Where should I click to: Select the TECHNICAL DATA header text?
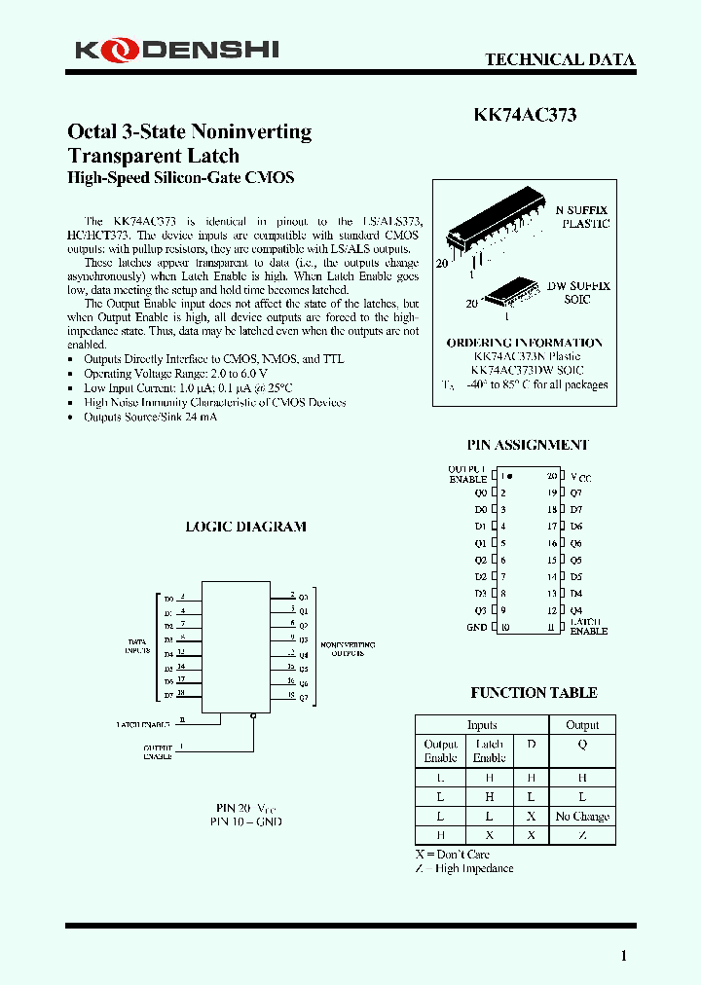560,59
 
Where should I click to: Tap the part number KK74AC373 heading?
525,115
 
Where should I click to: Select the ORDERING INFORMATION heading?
524,343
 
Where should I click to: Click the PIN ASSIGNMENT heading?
527,445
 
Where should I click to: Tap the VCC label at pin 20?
580,478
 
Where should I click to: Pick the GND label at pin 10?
476,628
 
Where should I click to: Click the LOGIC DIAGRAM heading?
245,527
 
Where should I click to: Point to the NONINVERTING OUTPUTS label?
348,649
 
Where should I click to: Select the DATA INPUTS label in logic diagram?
137,646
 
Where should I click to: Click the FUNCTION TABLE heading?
534,693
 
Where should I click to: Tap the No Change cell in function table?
582,817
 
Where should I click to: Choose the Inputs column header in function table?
482,725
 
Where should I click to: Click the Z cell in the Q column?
582,835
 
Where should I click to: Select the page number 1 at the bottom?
624,956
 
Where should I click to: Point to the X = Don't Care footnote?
452,854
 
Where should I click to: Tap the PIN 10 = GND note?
245,821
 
